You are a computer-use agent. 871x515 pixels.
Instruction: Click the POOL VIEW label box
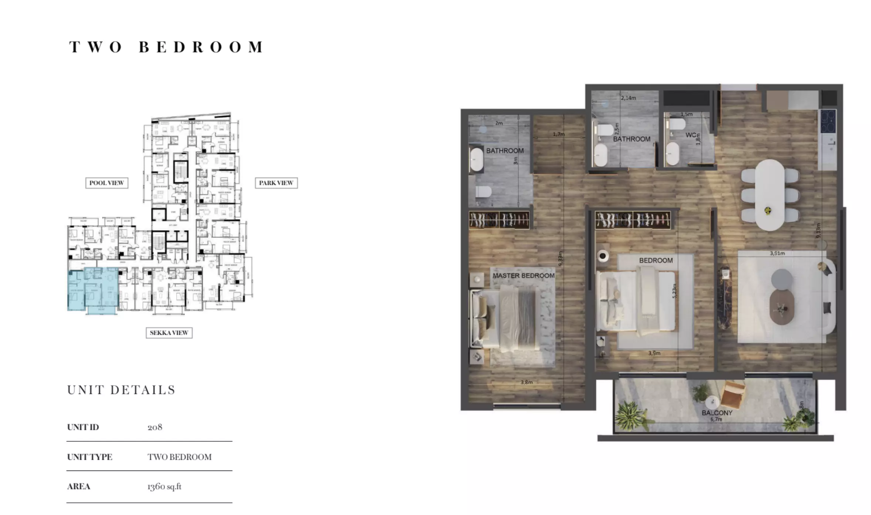point(106,183)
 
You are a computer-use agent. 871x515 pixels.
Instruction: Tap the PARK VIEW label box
point(276,183)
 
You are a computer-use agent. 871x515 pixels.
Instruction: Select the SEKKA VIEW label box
point(169,333)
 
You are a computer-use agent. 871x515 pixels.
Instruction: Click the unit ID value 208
point(155,427)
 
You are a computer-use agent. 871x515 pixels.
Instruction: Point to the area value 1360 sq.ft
point(164,486)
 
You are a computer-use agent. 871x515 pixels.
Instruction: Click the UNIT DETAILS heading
point(121,390)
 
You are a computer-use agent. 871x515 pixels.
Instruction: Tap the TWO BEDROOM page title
point(166,47)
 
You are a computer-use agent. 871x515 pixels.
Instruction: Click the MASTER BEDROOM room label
point(523,276)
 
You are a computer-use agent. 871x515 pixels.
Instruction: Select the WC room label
point(691,135)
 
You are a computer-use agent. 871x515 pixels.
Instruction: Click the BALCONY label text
point(717,413)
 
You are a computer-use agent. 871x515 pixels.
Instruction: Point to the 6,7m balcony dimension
point(716,419)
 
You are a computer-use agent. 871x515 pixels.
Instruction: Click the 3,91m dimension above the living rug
point(777,253)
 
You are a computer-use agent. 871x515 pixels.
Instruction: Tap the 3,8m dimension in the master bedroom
point(526,382)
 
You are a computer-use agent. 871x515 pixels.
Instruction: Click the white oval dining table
point(769,195)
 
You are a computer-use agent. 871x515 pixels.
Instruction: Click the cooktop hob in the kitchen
point(828,121)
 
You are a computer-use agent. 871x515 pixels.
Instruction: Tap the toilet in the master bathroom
point(483,192)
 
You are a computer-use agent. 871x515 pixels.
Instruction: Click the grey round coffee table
point(782,279)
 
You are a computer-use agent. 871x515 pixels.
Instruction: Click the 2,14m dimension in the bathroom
point(628,98)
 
